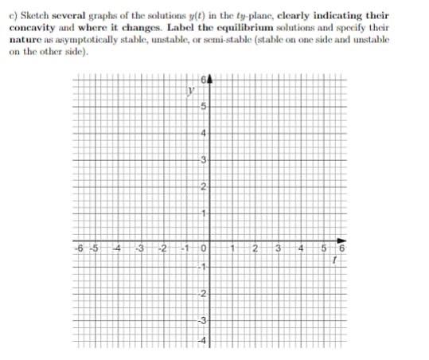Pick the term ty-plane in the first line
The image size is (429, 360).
pos(236,12)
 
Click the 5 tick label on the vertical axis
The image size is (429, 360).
pos(204,108)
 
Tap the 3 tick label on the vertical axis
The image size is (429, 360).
pos(204,162)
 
